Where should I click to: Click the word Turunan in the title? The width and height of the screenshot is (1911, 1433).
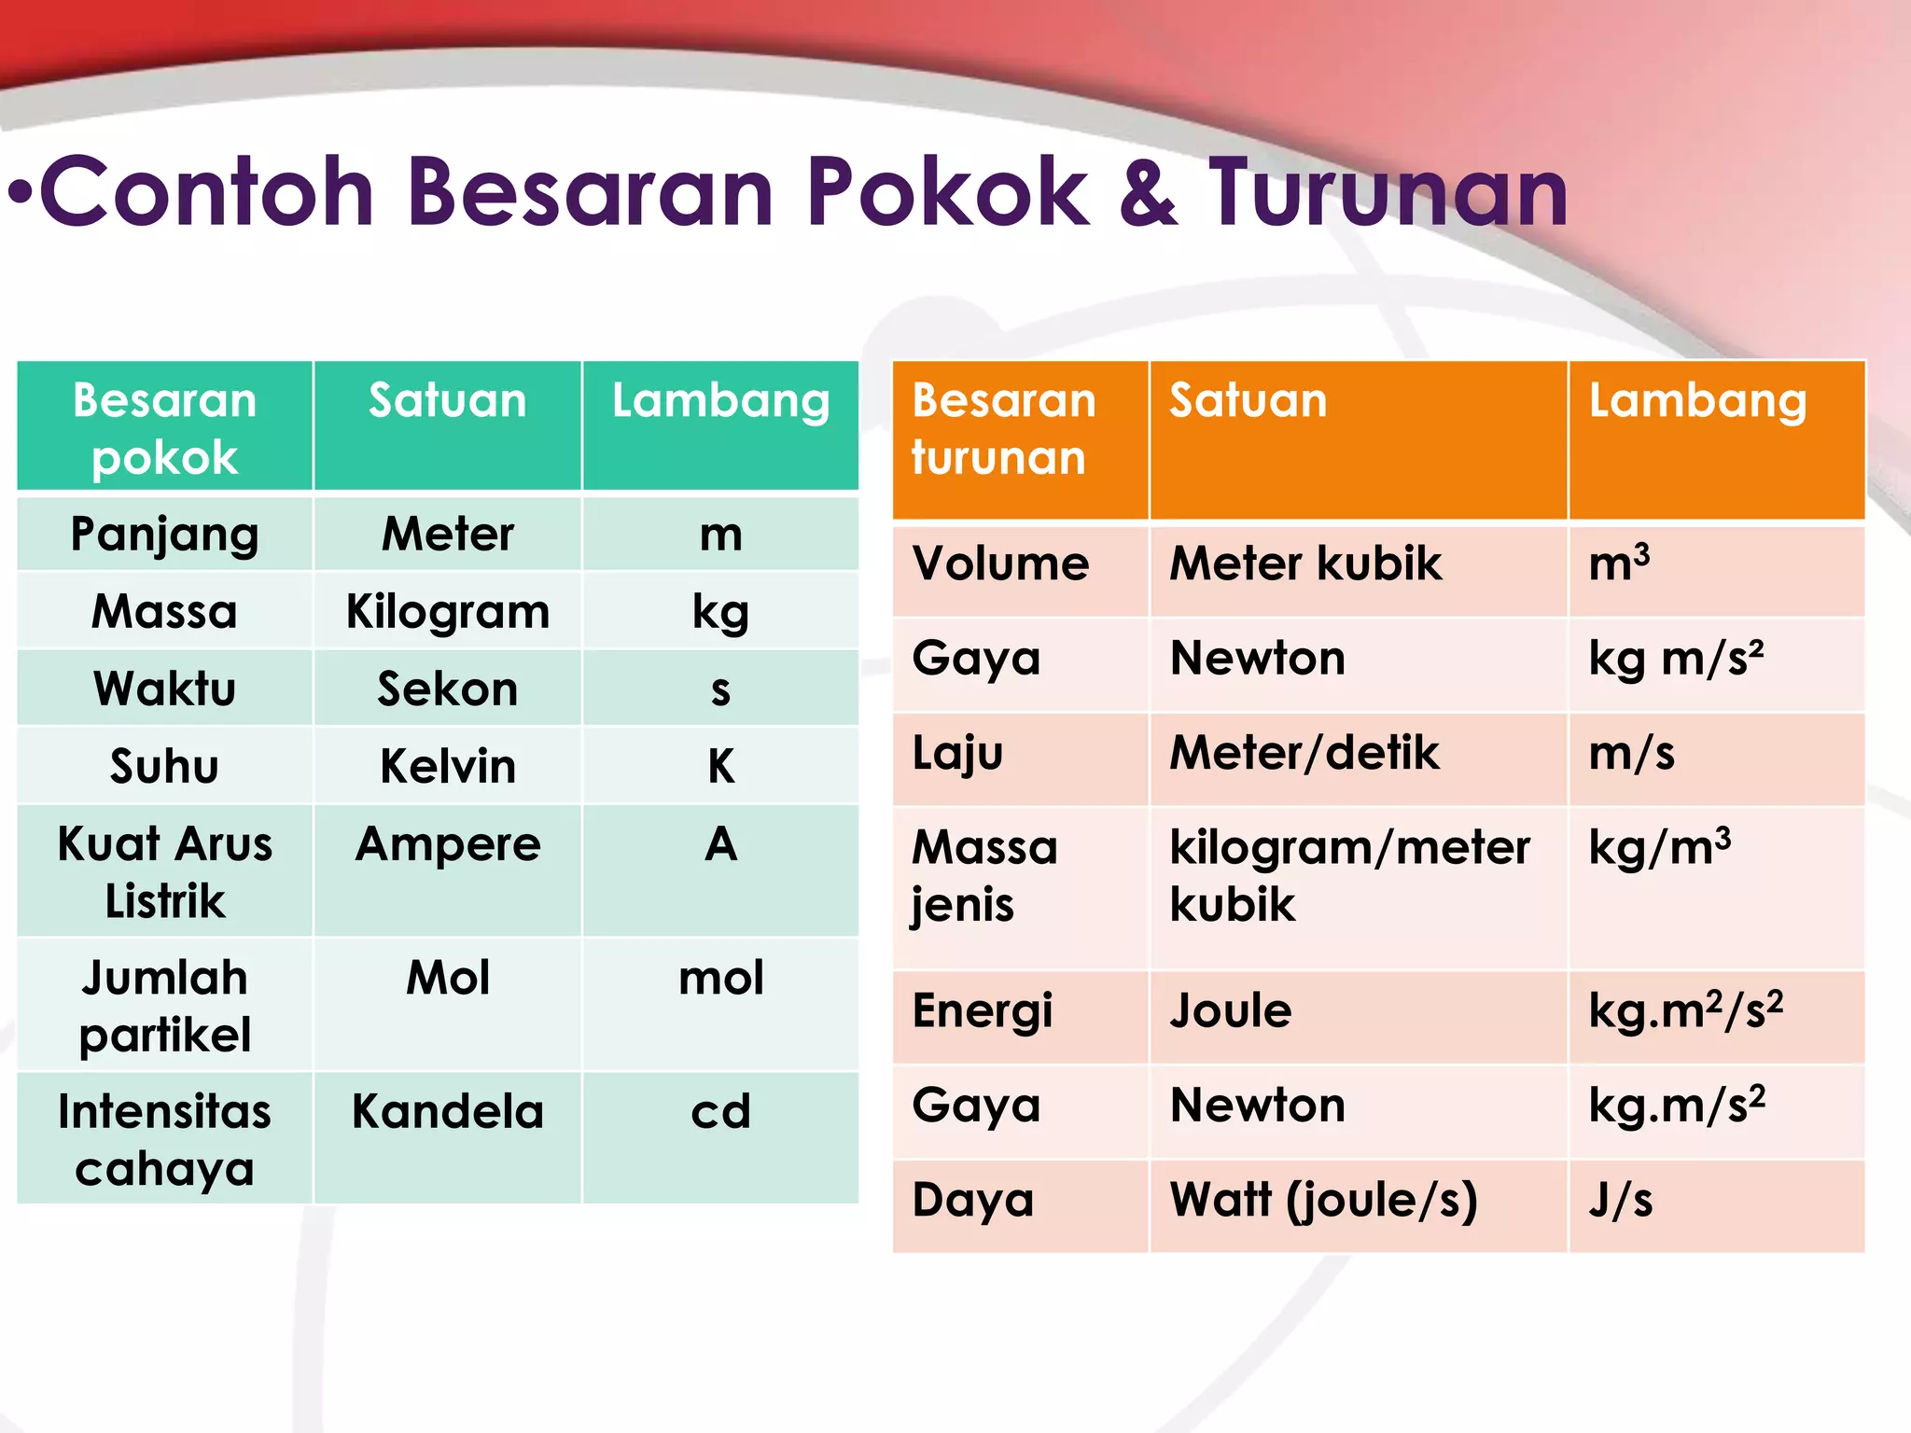(x=1388, y=193)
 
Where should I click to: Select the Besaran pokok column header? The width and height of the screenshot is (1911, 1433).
(x=165, y=427)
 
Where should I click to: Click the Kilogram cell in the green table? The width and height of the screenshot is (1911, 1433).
(x=448, y=612)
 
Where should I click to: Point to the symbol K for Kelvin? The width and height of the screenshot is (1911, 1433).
(x=720, y=766)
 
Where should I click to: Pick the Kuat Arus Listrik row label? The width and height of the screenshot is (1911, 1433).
(x=165, y=871)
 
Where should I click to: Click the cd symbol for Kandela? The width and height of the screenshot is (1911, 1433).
(x=720, y=1111)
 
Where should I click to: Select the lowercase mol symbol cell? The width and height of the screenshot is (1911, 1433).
(x=720, y=979)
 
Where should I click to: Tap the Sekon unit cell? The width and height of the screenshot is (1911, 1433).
(x=448, y=689)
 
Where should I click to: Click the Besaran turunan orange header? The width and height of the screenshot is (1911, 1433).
(x=1003, y=428)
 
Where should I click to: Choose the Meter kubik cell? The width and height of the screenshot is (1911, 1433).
(x=1305, y=563)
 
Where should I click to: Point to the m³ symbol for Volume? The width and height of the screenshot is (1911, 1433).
(x=1619, y=563)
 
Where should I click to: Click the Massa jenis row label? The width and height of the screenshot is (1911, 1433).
(x=984, y=875)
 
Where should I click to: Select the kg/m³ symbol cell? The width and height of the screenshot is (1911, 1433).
(x=1659, y=847)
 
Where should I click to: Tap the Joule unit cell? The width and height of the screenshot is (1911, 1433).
(x=1231, y=1010)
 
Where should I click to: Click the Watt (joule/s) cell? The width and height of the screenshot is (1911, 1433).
(x=1323, y=1200)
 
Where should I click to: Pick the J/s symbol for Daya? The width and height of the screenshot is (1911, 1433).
(x=1621, y=1200)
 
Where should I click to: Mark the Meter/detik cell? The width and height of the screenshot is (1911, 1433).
(x=1304, y=753)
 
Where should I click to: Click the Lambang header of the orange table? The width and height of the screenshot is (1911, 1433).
(x=1697, y=400)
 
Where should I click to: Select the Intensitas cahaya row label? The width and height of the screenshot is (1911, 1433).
(x=165, y=1139)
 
